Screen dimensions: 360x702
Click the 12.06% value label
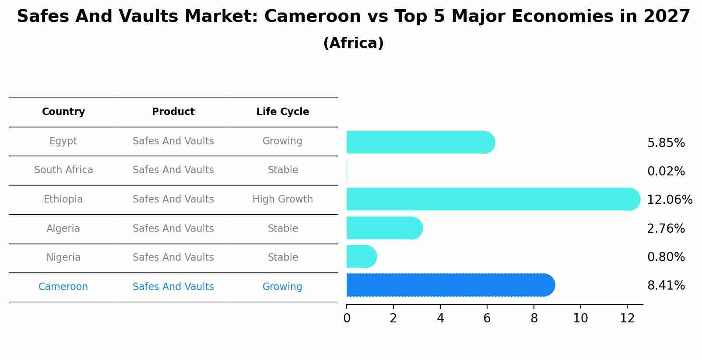[x=669, y=200]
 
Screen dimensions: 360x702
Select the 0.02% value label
[x=666, y=171]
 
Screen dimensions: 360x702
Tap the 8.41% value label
[x=666, y=286]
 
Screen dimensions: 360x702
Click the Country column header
[x=63, y=112]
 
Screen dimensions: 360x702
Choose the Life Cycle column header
[x=283, y=112]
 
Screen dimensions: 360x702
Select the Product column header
[x=173, y=112]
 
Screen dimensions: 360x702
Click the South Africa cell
[x=63, y=170]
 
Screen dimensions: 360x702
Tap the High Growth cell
[x=283, y=199]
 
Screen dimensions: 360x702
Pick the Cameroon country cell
[x=63, y=287]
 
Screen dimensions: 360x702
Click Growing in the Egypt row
[x=282, y=141]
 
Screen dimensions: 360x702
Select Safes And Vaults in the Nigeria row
[x=173, y=258]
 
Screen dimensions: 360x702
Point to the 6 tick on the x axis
[x=487, y=318]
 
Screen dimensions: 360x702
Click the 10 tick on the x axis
[x=580, y=318]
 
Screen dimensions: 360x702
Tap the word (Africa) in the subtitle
[x=353, y=43]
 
